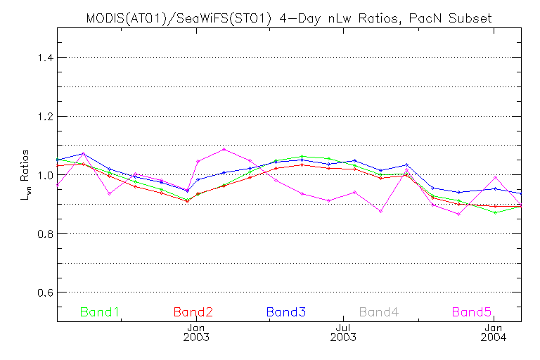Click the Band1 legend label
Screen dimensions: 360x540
[x=99, y=311]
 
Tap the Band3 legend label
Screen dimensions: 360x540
[x=285, y=311]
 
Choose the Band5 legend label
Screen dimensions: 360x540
[x=471, y=311]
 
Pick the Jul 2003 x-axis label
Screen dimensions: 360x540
[x=343, y=333]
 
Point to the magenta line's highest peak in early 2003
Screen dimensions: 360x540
[x=224, y=149]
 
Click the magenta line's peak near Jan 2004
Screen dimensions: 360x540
[x=496, y=177]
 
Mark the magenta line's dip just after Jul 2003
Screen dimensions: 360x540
[x=380, y=211]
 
